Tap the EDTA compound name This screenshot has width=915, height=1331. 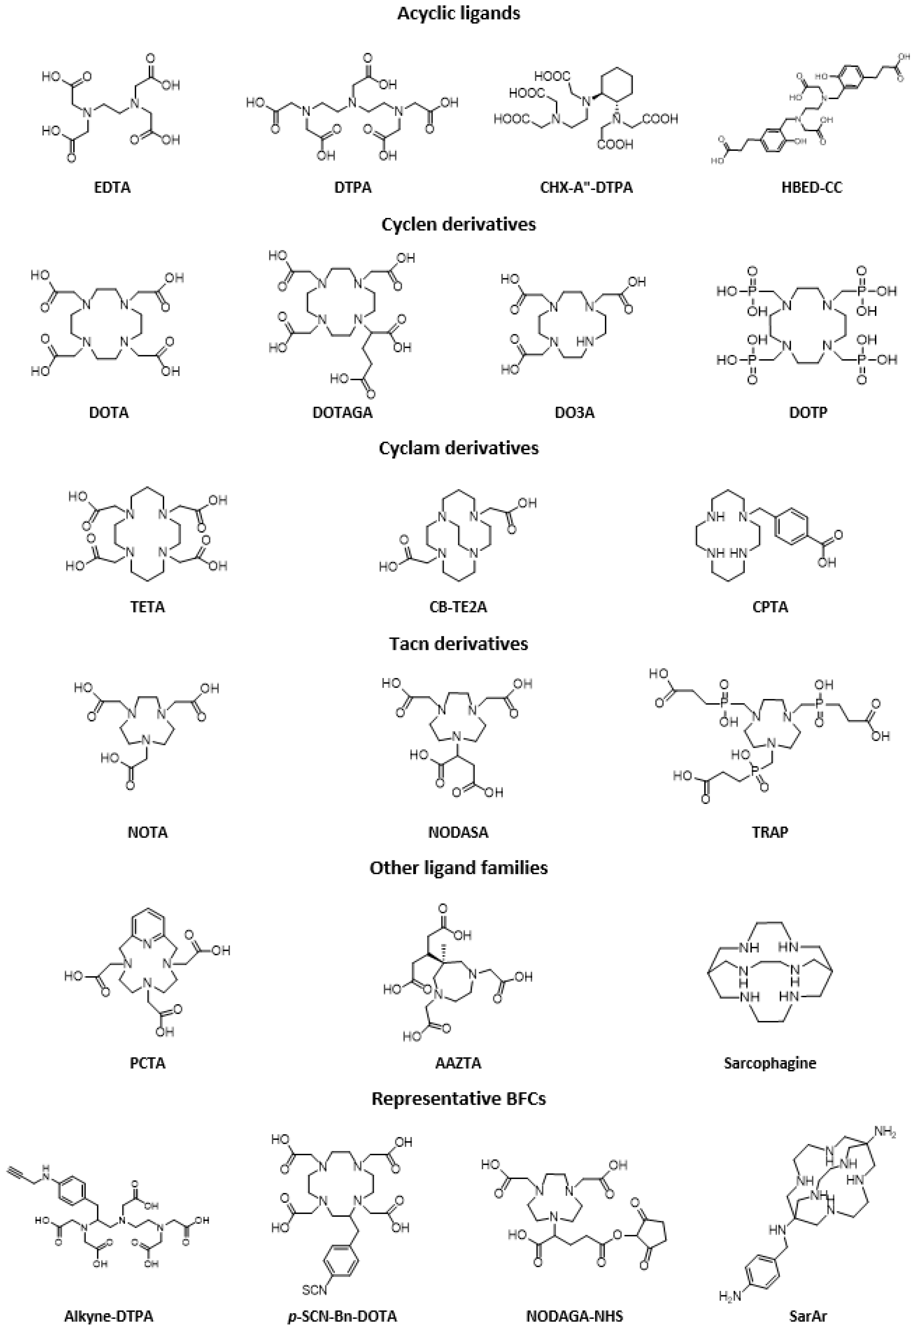112,187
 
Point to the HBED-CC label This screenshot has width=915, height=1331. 812,187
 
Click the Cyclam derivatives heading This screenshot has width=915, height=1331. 459,448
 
